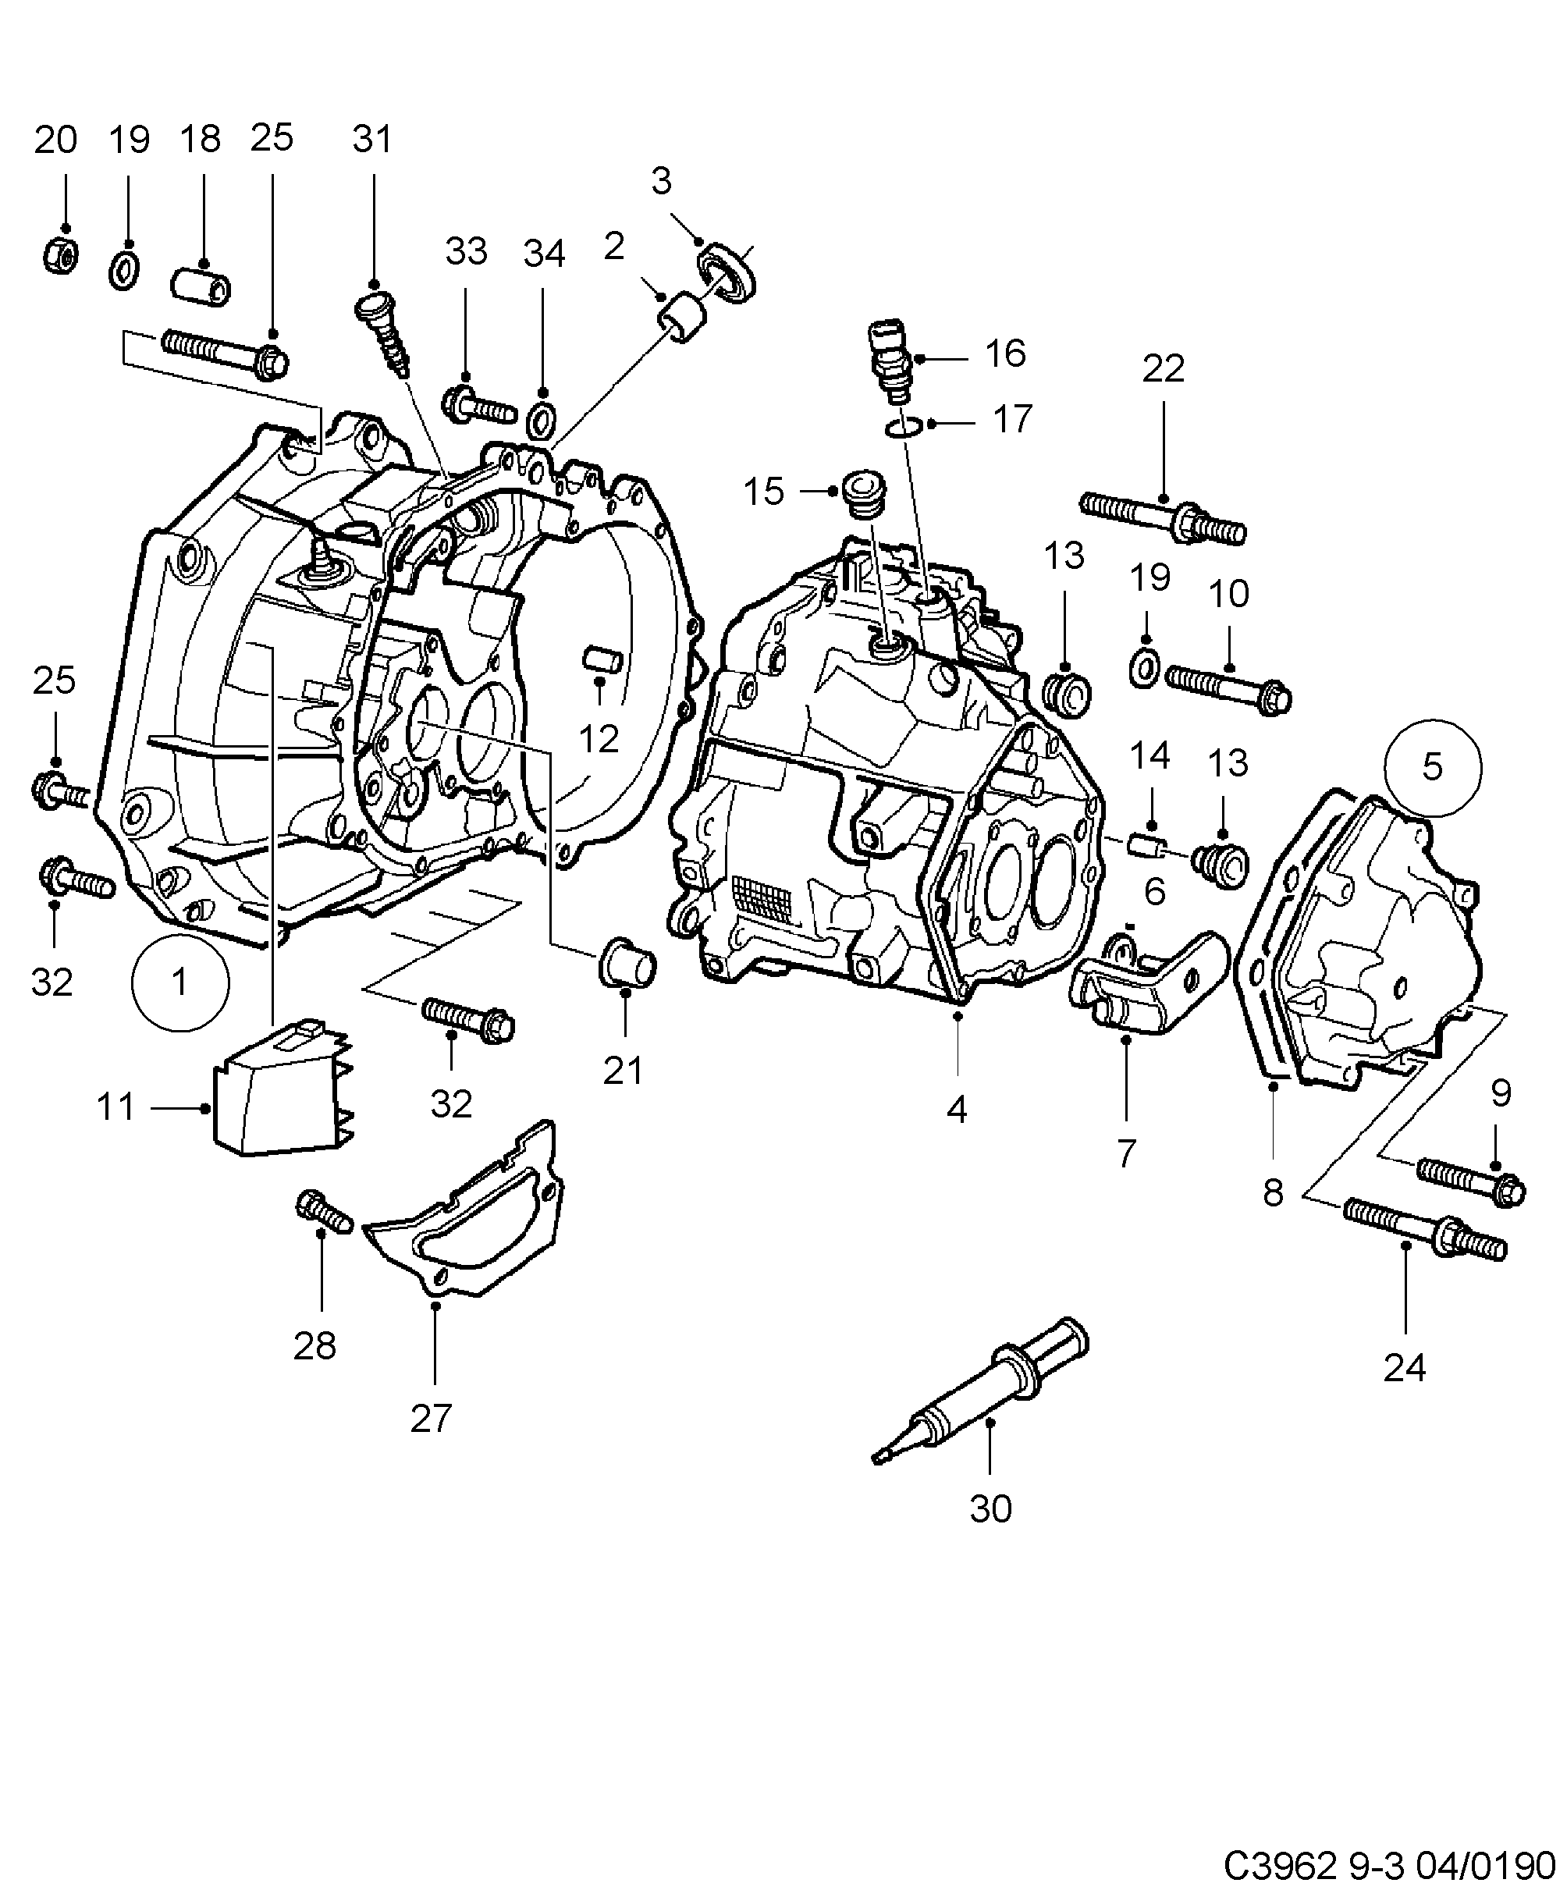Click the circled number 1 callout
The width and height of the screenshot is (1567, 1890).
coord(180,982)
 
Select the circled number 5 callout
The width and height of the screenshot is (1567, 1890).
coord(1432,767)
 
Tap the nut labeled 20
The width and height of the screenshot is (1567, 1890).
coord(60,257)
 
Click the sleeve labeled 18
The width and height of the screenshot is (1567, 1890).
coord(201,286)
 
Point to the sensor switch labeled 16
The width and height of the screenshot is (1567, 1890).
coord(890,363)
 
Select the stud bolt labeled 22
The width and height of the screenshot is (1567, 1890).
coord(1163,517)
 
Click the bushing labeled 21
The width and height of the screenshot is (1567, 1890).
coord(627,964)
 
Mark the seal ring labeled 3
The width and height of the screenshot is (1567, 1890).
coord(727,271)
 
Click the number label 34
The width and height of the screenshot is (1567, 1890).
coord(544,254)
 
